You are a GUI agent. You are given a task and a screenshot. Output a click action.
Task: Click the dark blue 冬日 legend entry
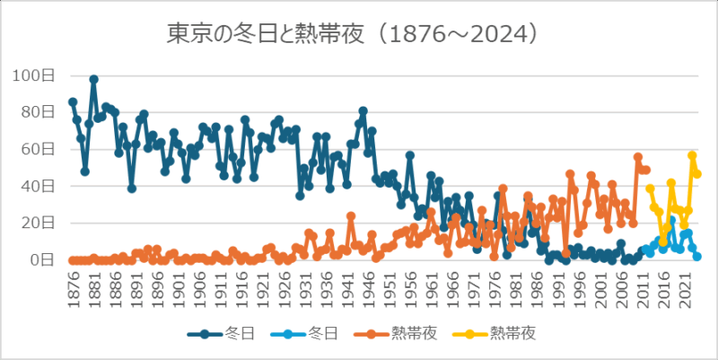pyautogui.click(x=221, y=333)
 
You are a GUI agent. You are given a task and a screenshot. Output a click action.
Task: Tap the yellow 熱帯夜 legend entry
pyautogui.click(x=519, y=333)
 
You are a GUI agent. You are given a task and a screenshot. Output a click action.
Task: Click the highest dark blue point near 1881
pyautogui.click(x=93, y=79)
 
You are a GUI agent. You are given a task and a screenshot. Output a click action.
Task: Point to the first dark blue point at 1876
pyautogui.click(x=73, y=101)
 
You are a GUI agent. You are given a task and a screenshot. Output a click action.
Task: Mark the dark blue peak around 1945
pyautogui.click(x=363, y=110)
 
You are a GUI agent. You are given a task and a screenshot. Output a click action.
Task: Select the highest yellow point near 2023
pyautogui.click(x=692, y=155)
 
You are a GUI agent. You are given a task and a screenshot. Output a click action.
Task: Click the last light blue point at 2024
pyautogui.click(x=697, y=257)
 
